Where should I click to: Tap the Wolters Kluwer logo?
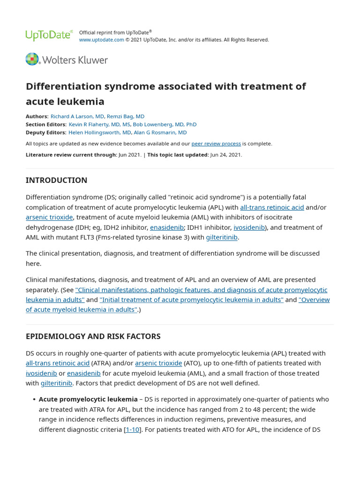pos(67,60)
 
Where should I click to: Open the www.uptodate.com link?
pos(101,40)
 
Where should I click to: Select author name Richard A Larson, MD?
pos(77,116)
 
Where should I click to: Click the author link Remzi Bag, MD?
pos(126,116)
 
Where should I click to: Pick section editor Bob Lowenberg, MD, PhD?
pos(165,124)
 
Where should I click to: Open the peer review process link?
pos(216,143)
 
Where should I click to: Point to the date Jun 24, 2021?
pos(226,155)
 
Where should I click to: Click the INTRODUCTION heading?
pos(56,180)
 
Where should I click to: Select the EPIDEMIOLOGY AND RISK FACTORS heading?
pos(93,336)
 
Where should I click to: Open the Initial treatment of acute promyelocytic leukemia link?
pos(191,300)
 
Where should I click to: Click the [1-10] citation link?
pos(132,429)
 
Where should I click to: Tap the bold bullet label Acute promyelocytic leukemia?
pos(88,399)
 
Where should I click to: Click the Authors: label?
pos(37,116)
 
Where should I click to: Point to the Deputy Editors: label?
pos(46,133)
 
